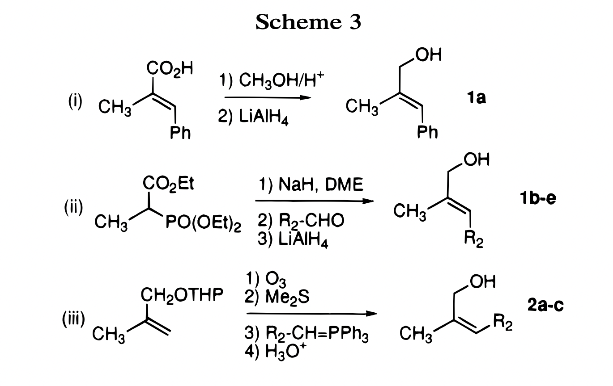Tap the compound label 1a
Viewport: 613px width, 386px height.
point(475,98)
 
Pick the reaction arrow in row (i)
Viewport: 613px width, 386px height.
point(268,98)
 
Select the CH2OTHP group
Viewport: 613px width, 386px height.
point(182,295)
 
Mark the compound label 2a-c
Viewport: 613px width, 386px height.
point(545,305)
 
